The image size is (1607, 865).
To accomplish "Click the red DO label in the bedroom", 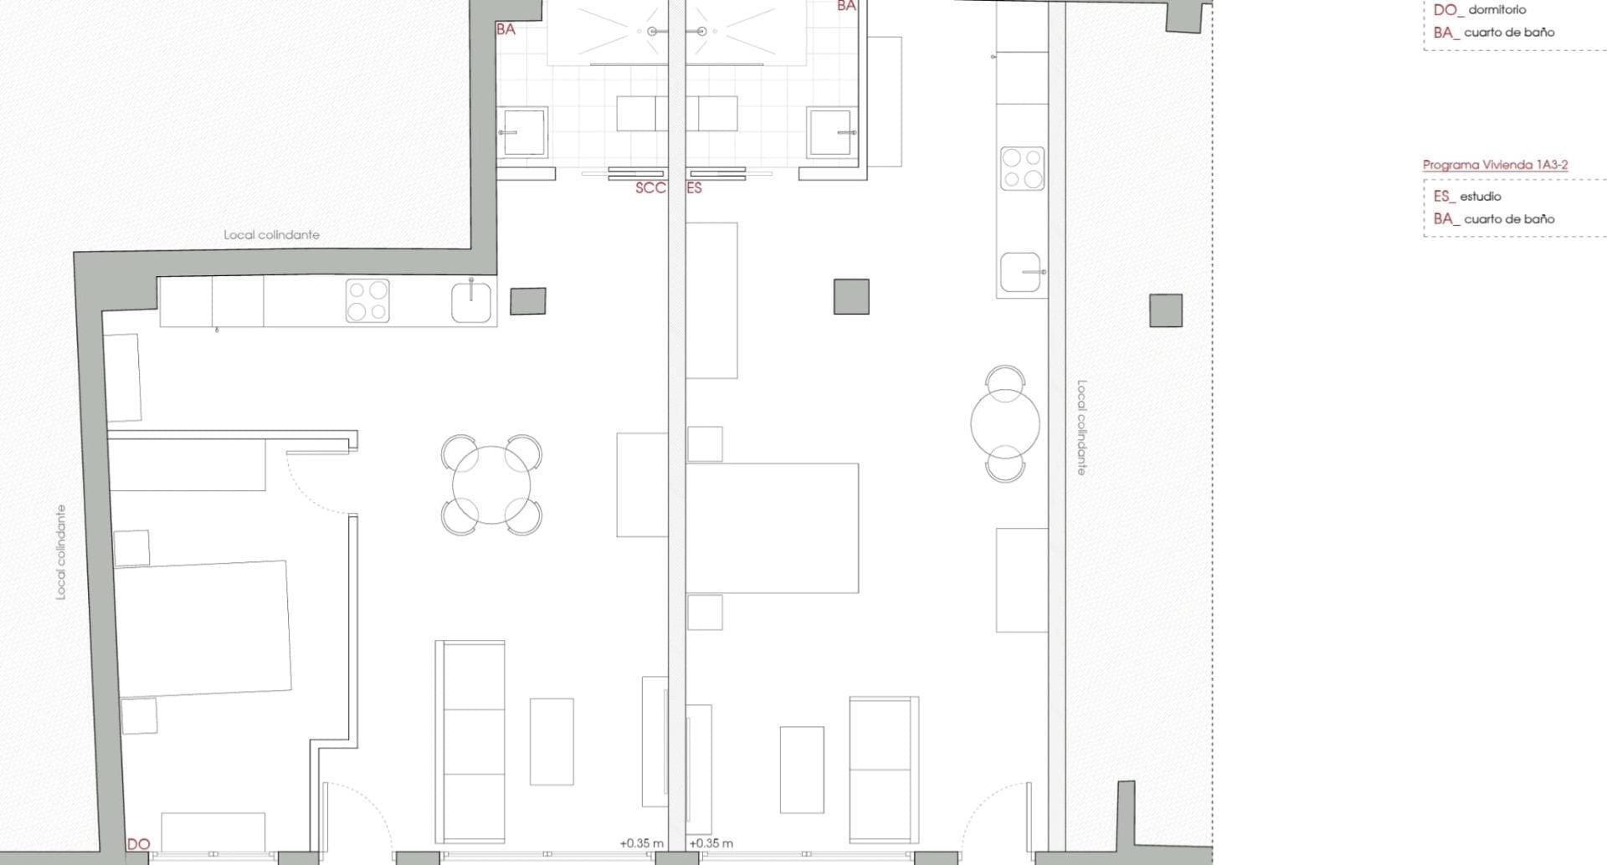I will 138,844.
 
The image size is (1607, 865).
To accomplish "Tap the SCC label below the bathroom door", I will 650,188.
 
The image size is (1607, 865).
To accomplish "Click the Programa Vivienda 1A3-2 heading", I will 1495,165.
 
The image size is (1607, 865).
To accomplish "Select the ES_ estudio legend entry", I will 1467,197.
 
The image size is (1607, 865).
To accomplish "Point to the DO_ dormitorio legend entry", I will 1479,10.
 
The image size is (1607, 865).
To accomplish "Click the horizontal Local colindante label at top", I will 271,235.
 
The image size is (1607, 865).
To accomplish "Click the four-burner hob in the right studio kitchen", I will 1022,168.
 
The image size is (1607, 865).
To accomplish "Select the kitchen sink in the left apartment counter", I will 473,302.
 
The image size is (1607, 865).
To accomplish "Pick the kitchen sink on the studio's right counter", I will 1021,273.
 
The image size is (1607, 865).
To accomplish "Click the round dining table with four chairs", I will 491,485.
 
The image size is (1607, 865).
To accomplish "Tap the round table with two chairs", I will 1005,423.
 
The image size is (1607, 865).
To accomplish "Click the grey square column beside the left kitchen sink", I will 528,301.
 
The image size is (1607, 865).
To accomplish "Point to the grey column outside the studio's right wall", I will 1165,310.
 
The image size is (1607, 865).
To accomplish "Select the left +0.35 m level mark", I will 641,843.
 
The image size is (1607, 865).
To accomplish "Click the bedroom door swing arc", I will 314,485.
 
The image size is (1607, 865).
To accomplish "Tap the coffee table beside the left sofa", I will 552,741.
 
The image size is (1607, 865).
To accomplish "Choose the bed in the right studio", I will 773,528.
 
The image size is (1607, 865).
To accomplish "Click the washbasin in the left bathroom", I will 523,132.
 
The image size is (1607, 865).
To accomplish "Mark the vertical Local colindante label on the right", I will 1081,427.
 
